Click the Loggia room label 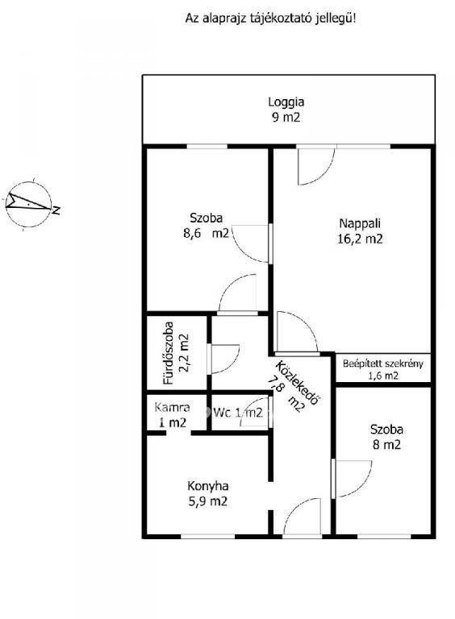tap(286, 102)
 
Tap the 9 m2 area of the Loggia tap(286, 117)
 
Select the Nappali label tap(360, 223)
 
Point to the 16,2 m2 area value tap(360, 239)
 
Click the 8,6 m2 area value tap(206, 233)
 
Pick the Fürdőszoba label tap(169, 353)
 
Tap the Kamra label tap(172, 407)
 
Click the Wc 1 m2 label tap(238, 413)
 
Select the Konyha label tap(208, 486)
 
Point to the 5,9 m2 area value tap(208, 501)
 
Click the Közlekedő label tap(298, 382)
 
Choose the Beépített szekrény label tap(382, 364)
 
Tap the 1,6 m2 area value tap(383, 376)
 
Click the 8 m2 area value tap(386, 445)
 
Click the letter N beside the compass tap(56, 210)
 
